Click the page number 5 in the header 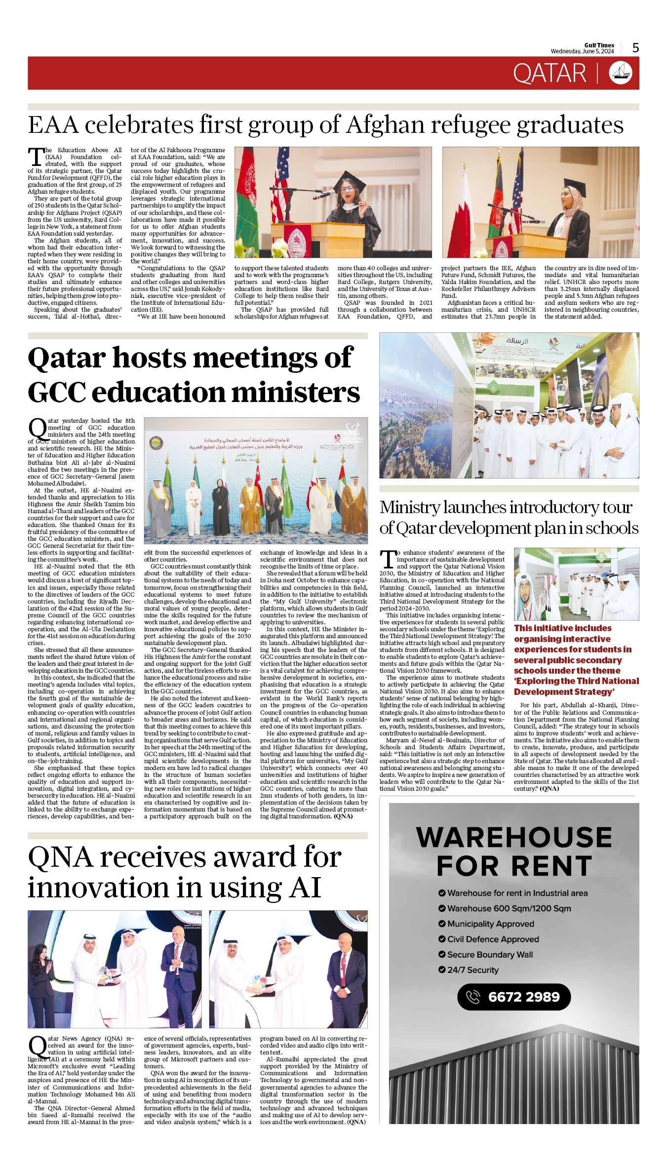635,48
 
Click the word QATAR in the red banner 549,74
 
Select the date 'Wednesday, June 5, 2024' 582,51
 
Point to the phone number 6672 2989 524,997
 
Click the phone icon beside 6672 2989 473,997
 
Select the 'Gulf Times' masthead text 599,45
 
